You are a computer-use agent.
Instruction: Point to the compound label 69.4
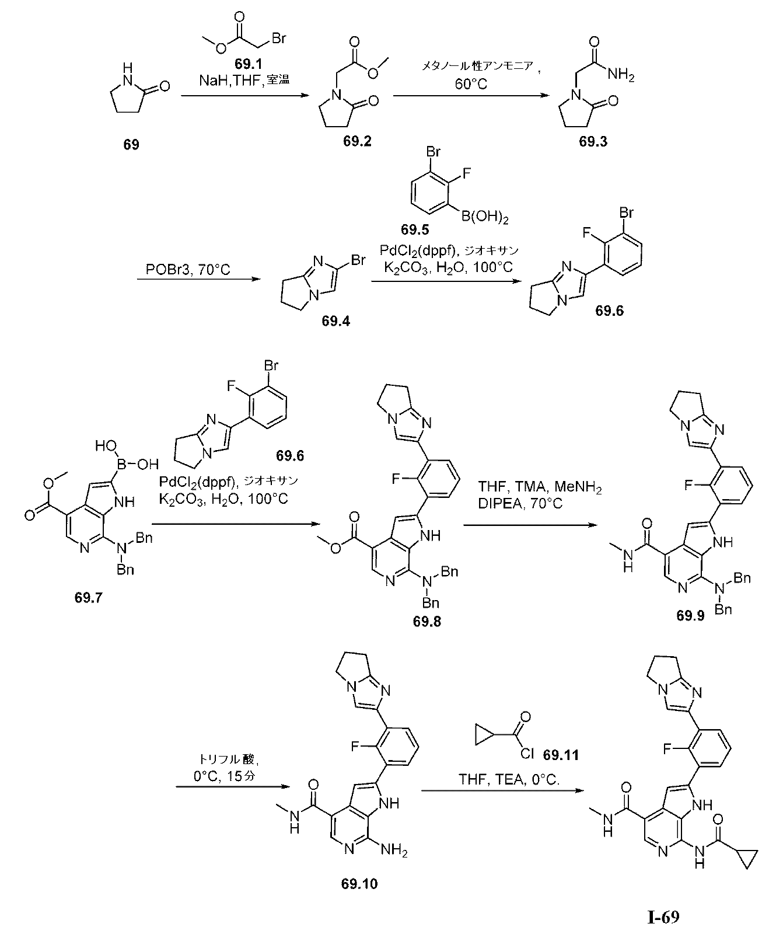tap(335, 320)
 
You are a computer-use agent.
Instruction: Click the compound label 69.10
tap(359, 900)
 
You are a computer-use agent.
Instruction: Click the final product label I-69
tap(663, 917)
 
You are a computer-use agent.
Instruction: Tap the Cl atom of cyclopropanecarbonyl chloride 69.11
tap(525, 754)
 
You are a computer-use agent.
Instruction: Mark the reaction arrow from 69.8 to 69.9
tap(530, 525)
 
